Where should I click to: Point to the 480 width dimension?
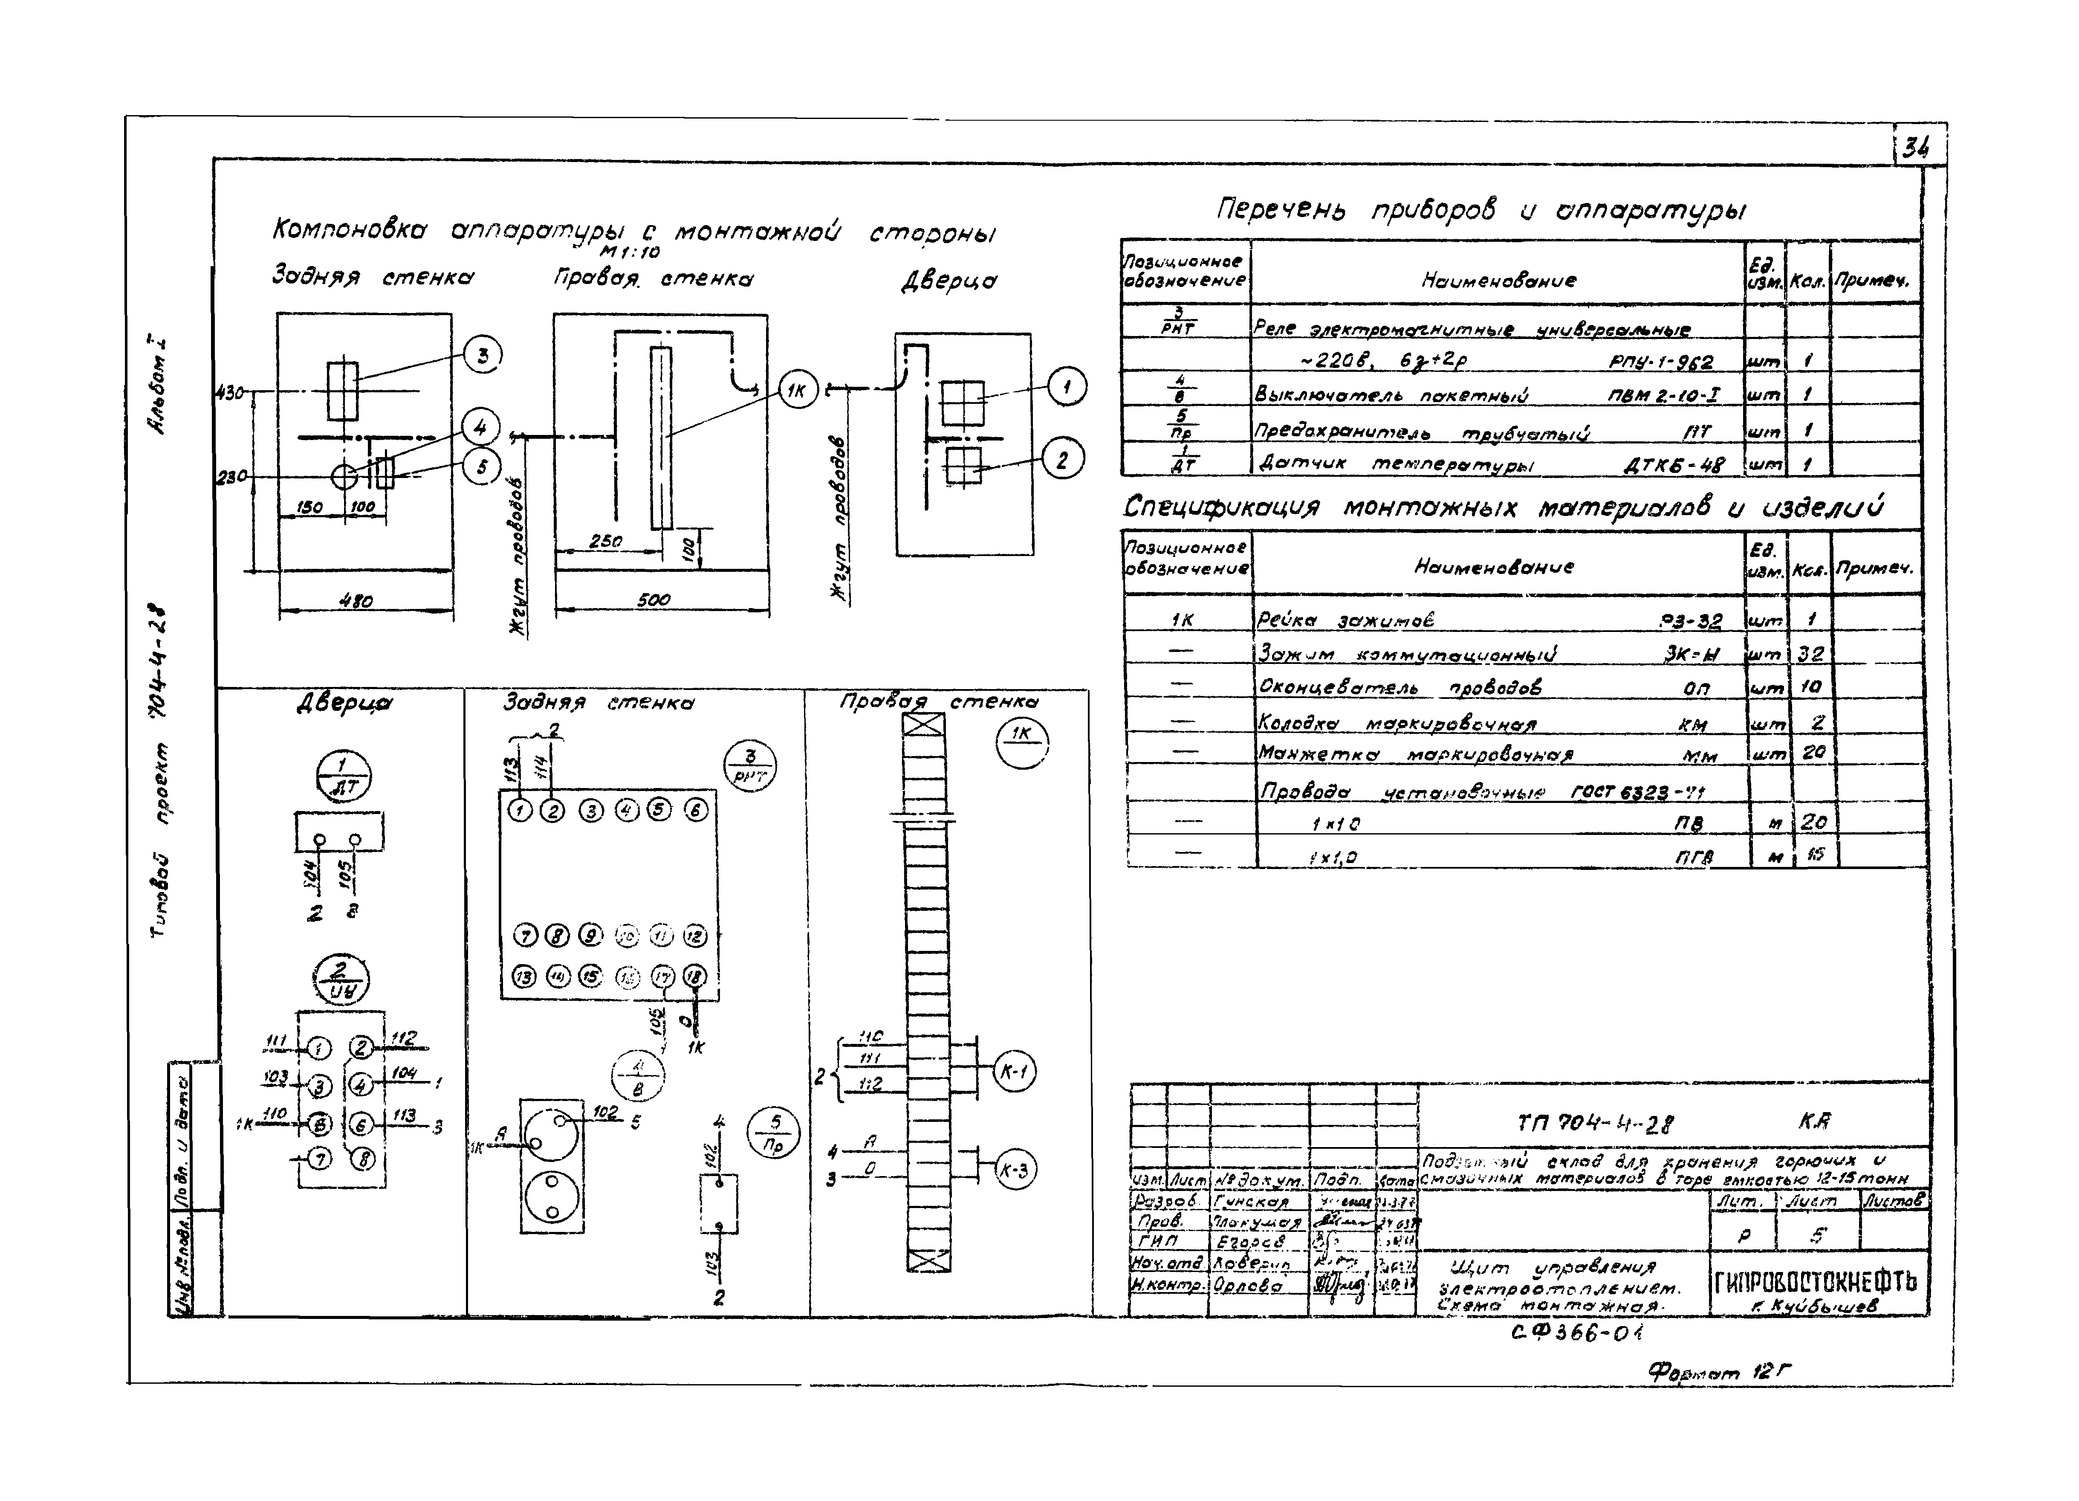click(356, 602)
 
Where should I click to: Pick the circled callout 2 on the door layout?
click(1062, 459)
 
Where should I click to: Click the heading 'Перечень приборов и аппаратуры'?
click(1480, 211)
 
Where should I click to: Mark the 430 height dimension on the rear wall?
click(229, 392)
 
